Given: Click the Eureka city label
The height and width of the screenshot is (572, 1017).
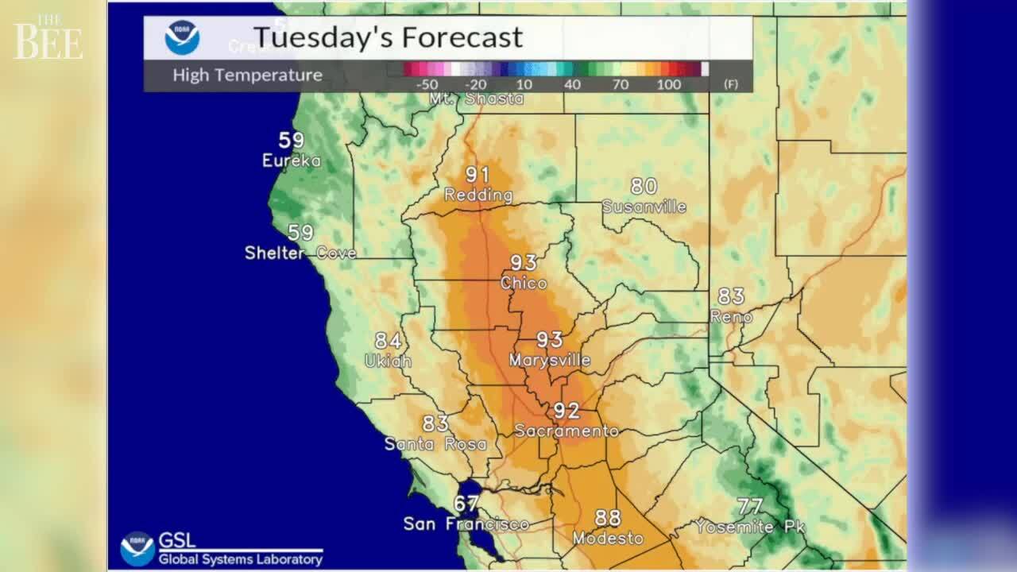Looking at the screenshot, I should (292, 161).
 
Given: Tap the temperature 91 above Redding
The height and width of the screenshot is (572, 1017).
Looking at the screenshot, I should (478, 175).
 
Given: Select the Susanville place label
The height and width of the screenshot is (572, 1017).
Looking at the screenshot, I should (644, 207).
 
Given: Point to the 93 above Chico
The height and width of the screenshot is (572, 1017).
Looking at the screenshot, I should (524, 262).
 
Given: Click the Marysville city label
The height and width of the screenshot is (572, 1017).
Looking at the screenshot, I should (550, 361).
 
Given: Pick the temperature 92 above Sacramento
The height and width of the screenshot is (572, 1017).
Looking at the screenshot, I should (567, 412).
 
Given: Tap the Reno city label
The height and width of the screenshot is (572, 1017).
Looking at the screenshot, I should (731, 316).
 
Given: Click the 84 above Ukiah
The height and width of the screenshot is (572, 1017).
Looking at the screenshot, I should (388, 341).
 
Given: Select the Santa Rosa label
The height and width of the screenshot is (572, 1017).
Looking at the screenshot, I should (435, 444).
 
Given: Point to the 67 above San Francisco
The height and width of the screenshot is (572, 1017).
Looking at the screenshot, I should (466, 504).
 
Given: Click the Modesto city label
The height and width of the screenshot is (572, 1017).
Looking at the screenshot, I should (608, 539).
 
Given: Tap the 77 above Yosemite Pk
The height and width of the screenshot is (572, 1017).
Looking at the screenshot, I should (750, 506).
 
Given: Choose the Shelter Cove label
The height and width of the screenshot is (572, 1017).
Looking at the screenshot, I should (300, 253).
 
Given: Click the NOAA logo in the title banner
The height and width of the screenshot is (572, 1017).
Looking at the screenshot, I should (182, 37).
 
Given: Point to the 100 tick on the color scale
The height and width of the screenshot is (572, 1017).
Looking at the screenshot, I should (669, 84).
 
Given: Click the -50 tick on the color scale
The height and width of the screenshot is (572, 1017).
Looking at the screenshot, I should (427, 84).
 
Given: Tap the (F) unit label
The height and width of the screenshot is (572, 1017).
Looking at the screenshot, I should (730, 84).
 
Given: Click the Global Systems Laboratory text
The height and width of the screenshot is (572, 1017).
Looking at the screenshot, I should (240, 559).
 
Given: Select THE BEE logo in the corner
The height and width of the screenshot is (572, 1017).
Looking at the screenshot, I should (48, 37).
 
